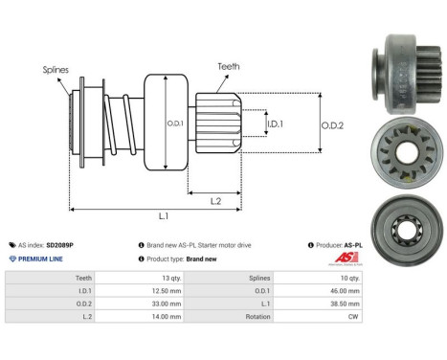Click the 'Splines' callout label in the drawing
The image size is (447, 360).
click(x=55, y=70)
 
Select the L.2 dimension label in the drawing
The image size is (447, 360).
click(x=216, y=200)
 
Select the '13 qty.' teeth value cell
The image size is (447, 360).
click(x=143, y=277)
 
